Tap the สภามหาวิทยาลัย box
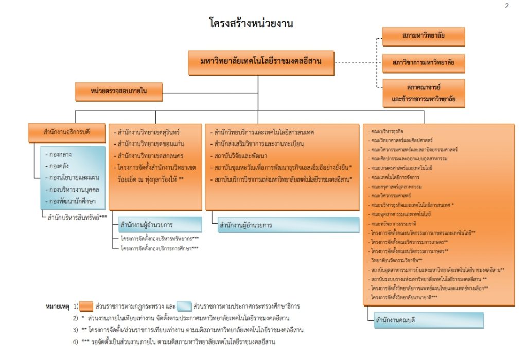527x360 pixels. pyautogui.click(x=423, y=37)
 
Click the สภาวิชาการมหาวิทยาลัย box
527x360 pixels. pyautogui.click(x=423, y=64)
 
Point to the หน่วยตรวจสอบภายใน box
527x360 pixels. pyautogui.click(x=119, y=92)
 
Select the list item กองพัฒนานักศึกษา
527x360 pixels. pyautogui.click(x=73, y=201)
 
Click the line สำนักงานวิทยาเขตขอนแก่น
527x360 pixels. pyautogui.click(x=151, y=143)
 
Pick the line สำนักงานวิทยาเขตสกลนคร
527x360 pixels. pyautogui.click(x=151, y=155)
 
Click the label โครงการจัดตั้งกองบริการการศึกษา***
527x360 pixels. pyautogui.click(x=160, y=248)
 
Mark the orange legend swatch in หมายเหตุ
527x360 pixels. pyautogui.click(x=86, y=306)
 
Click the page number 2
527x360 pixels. pyautogui.click(x=507, y=6)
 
